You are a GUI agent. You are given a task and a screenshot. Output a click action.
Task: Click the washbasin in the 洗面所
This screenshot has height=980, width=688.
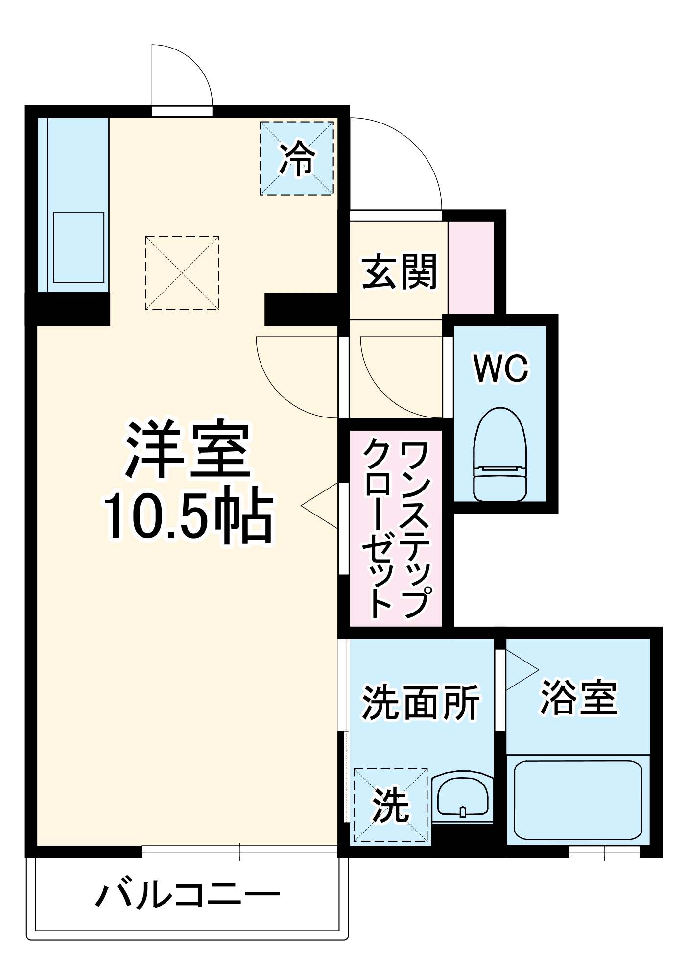[462, 796]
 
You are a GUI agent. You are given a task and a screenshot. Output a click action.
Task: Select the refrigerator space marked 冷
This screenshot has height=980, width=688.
[297, 158]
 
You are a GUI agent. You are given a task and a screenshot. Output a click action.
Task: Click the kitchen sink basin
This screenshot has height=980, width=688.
[78, 247]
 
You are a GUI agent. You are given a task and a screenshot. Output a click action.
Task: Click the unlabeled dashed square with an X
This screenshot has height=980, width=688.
[182, 273]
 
